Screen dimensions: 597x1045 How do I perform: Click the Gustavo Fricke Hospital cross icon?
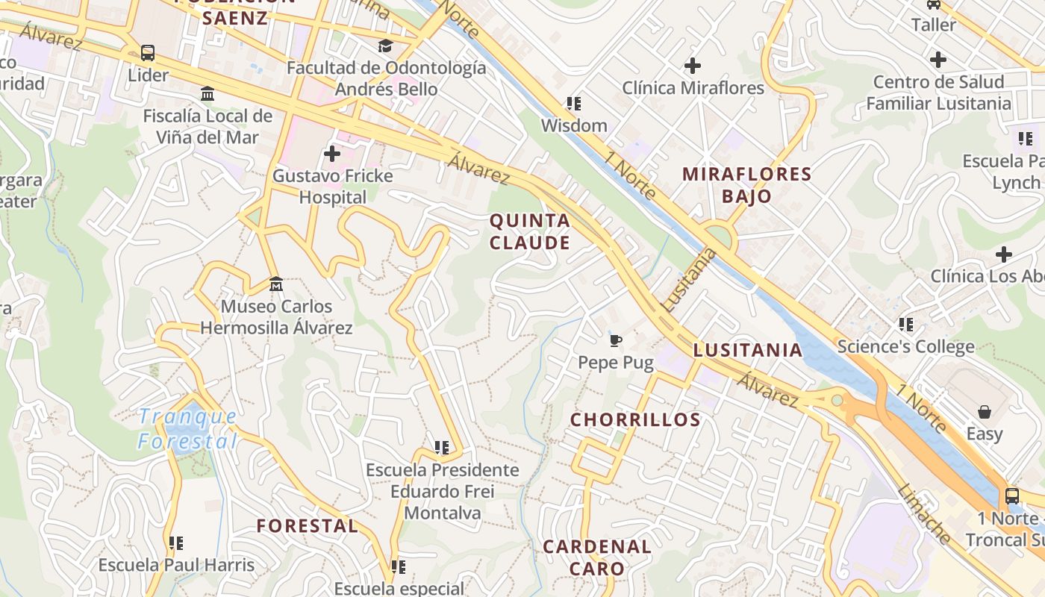click(332, 154)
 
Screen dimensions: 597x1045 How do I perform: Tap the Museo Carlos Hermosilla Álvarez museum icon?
click(276, 284)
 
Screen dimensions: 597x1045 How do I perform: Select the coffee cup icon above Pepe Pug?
click(616, 341)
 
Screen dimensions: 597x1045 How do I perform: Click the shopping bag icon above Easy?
click(985, 412)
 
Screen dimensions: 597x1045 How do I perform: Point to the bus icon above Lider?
click(148, 53)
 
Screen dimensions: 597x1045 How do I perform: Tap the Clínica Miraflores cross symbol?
click(693, 66)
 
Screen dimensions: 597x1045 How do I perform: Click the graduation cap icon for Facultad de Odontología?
click(385, 46)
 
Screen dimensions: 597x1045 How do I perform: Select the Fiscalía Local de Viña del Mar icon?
click(208, 94)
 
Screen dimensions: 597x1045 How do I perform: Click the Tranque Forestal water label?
click(188, 429)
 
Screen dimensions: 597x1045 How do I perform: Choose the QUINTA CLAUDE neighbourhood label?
click(530, 231)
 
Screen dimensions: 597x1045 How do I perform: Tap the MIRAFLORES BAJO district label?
click(746, 185)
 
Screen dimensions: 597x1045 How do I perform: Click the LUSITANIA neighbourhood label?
click(747, 350)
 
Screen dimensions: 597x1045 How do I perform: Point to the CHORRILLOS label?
click(635, 419)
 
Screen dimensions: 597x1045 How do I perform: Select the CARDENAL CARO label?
click(597, 557)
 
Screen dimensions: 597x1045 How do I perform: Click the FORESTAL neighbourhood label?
click(307, 525)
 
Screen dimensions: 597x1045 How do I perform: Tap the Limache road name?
click(924, 514)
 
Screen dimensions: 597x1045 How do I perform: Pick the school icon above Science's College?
click(906, 325)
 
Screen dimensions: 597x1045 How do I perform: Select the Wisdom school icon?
click(573, 104)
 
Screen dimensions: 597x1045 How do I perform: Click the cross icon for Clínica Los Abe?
click(1004, 254)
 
